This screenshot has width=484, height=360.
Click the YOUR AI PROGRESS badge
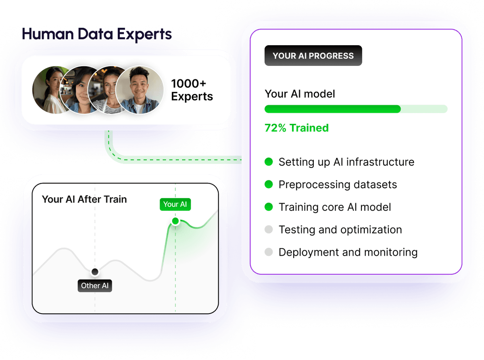click(x=313, y=55)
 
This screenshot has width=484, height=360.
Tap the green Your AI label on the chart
click(x=175, y=204)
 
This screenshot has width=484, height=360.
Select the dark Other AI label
click(x=95, y=285)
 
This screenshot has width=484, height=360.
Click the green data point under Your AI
click(x=175, y=221)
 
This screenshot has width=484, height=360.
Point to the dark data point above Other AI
click(x=95, y=272)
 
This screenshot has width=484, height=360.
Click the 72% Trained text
click(x=296, y=128)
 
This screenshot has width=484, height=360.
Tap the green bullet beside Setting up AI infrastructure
click(x=269, y=162)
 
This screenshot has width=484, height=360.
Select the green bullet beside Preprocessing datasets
click(x=269, y=184)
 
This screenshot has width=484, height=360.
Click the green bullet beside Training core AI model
click(x=269, y=207)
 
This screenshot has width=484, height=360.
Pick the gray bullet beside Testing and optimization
click(x=269, y=229)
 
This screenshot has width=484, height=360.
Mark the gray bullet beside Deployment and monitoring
click(x=269, y=252)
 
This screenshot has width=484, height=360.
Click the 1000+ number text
click(x=188, y=83)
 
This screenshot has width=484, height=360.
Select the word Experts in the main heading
click(x=144, y=34)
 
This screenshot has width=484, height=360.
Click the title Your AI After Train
click(x=84, y=199)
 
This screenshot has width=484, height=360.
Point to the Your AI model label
click(x=300, y=94)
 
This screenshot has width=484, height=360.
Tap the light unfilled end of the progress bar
click(x=424, y=109)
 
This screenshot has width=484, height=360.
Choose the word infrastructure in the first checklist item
click(x=380, y=162)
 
